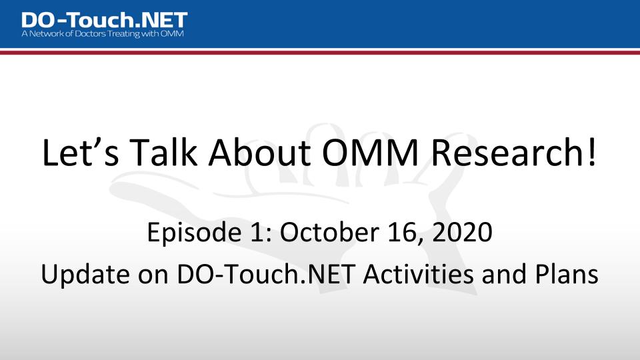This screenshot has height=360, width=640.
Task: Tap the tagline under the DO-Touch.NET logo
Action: coord(103,34)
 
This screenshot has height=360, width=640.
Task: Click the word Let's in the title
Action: coord(81,152)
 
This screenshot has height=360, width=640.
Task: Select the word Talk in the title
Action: coord(163,152)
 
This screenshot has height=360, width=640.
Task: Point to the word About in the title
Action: coord(259,152)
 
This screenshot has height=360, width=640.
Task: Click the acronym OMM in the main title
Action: coord(370,152)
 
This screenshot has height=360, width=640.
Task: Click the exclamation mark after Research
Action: coord(592,152)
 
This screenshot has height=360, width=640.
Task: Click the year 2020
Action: coord(462,232)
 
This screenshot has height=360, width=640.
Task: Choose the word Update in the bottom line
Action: coord(85,274)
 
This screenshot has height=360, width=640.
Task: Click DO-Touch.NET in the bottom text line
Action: coord(265,273)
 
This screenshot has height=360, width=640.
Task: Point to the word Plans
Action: coord(567,273)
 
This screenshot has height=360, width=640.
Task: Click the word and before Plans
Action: coord(504,273)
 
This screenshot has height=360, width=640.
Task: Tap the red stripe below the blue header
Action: coord(320,53)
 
